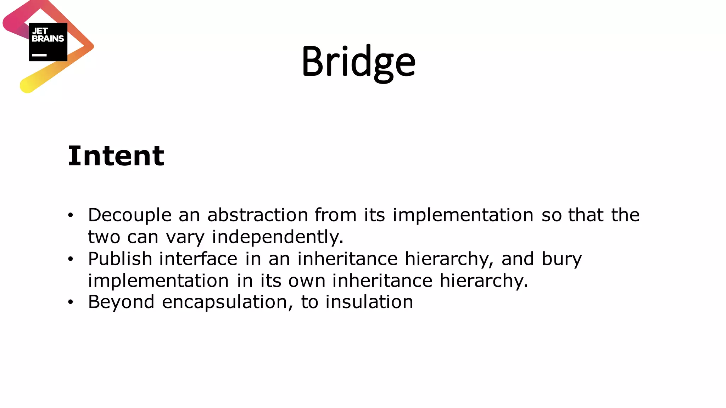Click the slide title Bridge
tap(358, 62)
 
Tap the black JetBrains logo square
tap(48, 42)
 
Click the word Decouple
tap(130, 215)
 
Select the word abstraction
tap(258, 215)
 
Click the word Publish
tap(120, 259)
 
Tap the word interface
tap(198, 259)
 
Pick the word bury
tap(562, 259)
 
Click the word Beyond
tap(121, 302)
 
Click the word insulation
tap(369, 302)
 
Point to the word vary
tap(185, 237)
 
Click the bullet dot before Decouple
tap(71, 215)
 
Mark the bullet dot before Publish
tap(71, 259)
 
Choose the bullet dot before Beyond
tap(71, 302)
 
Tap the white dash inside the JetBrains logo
tap(39, 55)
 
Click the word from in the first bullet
tap(335, 215)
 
